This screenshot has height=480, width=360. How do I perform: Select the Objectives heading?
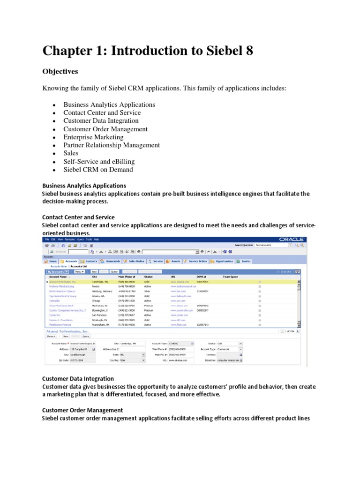click(x=60, y=72)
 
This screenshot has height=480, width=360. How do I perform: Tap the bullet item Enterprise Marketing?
click(x=93, y=137)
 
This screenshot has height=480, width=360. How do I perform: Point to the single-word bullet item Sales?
click(x=71, y=153)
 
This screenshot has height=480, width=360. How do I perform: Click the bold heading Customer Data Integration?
click(x=78, y=378)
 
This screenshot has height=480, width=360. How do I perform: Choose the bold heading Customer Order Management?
click(x=82, y=410)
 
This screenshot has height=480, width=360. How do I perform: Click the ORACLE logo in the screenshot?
click(x=291, y=239)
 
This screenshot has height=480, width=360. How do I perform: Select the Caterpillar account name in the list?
click(x=54, y=300)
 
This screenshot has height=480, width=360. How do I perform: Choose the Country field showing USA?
click(x=128, y=360)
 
